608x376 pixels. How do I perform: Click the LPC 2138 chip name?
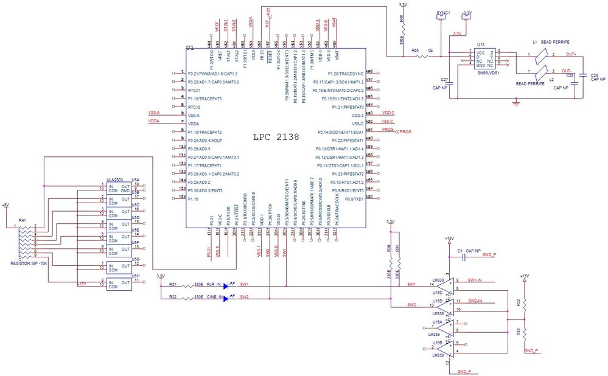pyautogui.click(x=276, y=138)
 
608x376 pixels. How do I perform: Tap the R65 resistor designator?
pyautogui.click(x=415, y=50)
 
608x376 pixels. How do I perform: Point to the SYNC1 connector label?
pyautogui.click(x=443, y=12)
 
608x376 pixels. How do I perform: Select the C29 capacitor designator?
pyautogui.click(x=593, y=75)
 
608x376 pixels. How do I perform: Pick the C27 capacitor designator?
pyautogui.click(x=444, y=80)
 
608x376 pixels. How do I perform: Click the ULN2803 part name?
pyautogui.click(x=115, y=180)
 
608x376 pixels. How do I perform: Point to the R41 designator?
pyautogui.click(x=23, y=220)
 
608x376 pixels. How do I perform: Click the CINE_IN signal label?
pyautogui.click(x=214, y=298)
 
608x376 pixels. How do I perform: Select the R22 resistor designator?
pyautogui.click(x=172, y=298)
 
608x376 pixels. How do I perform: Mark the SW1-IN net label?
pyautogui.click(x=475, y=280)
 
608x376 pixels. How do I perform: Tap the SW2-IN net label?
pyautogui.click(x=475, y=301)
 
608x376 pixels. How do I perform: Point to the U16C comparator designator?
pyautogui.click(x=437, y=292)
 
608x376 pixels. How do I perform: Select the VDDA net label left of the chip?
pyautogui.click(x=155, y=122)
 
